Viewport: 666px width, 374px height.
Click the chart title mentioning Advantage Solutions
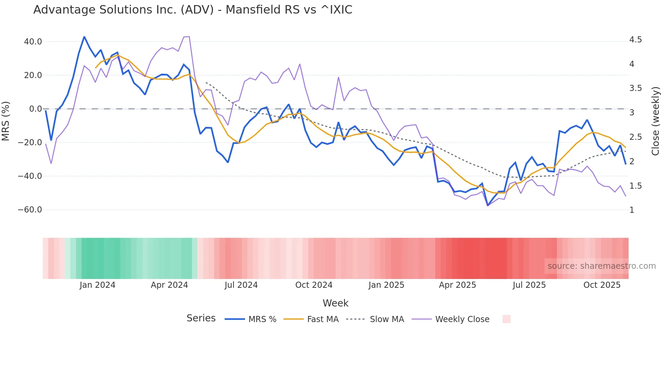tap(193, 10)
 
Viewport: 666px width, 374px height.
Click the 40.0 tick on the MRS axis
tap(33, 42)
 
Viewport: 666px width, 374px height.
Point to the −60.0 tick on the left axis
tap(30, 210)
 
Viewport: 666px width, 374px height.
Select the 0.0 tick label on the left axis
tap(35, 109)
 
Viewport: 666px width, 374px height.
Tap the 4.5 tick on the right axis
tap(635, 40)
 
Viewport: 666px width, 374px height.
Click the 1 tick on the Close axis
tap(632, 210)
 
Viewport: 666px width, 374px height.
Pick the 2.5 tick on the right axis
tap(635, 137)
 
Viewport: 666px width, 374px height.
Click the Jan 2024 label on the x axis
tap(98, 285)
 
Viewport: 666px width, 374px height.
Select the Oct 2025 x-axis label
tap(602, 285)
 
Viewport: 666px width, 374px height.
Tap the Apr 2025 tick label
tap(457, 285)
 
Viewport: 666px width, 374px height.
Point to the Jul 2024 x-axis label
tap(241, 285)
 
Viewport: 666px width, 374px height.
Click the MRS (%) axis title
tap(5, 121)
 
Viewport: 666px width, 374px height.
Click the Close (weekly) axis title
tap(655, 121)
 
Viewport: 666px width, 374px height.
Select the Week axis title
tap(335, 303)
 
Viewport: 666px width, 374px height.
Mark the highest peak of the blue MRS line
tap(84, 37)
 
